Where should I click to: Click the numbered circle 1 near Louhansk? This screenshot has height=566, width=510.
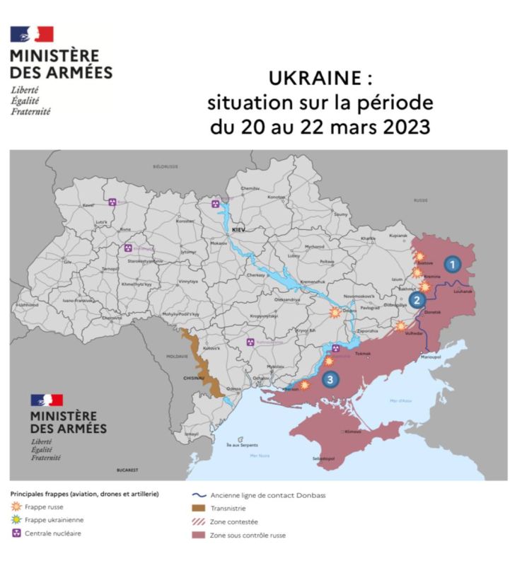point(453,263)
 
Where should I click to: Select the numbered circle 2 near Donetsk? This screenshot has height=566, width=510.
point(417,299)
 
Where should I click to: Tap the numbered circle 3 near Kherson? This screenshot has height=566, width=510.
point(331,380)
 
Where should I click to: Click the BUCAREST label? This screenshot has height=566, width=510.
point(128,470)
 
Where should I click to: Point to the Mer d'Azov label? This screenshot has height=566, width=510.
point(400,401)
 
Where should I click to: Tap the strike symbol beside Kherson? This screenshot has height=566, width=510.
point(305,386)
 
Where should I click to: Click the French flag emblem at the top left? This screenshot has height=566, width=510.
point(32,34)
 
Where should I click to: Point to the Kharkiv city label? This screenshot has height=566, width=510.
point(369,238)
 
